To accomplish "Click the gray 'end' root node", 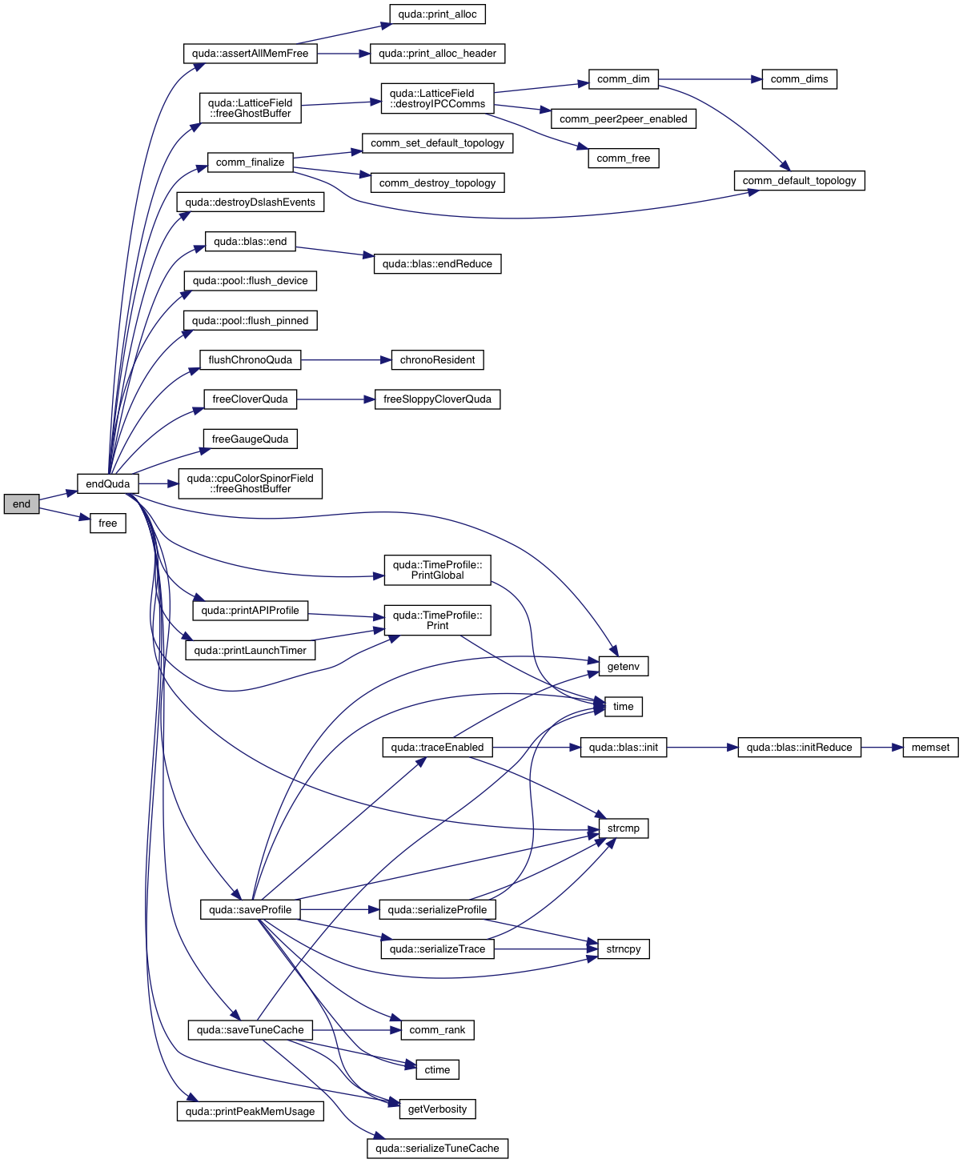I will tap(22, 503).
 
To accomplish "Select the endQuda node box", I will tap(107, 483).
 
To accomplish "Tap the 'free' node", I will tap(107, 523).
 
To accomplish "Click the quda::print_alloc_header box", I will tap(437, 54).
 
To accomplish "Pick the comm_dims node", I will tap(799, 79).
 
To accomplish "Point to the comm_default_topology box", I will tap(799, 181).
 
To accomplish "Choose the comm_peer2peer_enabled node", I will tap(623, 119).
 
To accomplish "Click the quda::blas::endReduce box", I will tap(437, 264).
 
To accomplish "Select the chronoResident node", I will tap(437, 360).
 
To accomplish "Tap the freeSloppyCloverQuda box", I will tap(437, 399).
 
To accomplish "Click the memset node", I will tap(930, 748).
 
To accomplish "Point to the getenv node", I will tap(623, 667).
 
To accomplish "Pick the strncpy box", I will tap(623, 949).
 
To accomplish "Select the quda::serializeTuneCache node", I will tap(437, 1149).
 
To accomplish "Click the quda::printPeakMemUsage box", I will tap(250, 1112).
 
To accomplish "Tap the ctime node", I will tap(437, 1070).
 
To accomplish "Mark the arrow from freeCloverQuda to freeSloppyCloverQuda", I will tap(335, 399).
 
